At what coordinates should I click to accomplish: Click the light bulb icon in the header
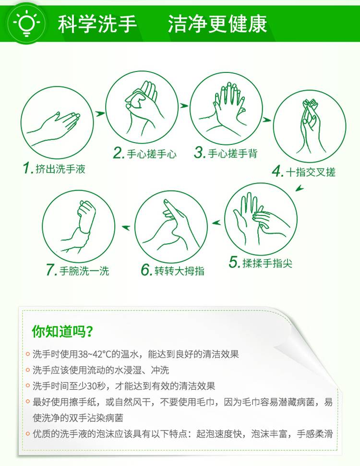point(26,24)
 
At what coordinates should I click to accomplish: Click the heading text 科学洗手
point(97,24)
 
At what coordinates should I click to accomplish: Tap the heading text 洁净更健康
point(217,24)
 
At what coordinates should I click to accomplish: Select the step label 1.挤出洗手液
point(54,168)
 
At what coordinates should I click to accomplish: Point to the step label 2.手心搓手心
point(145,154)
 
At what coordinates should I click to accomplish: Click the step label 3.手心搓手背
point(226,153)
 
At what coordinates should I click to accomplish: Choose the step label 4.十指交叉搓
point(304,172)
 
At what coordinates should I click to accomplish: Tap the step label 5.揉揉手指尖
point(261,263)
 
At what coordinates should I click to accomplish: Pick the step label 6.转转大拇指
point(173,270)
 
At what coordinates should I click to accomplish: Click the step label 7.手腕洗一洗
point(78,271)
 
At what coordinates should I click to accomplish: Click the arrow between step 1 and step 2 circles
point(100,114)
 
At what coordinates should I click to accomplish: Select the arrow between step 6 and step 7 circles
point(126,228)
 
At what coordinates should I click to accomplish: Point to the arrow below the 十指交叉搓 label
point(300,188)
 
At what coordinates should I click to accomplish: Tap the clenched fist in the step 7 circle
point(86,215)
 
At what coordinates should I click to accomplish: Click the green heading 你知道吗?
point(62,331)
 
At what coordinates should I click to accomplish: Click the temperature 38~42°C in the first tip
point(94,354)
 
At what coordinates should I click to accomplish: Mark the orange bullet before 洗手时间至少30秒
point(28,386)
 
